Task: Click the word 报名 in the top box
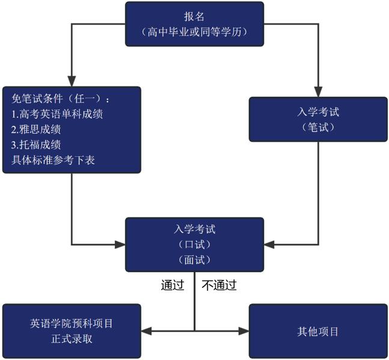click(194, 16)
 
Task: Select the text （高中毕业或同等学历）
click(194, 32)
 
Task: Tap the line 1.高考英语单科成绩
click(57, 114)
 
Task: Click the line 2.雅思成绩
click(36, 129)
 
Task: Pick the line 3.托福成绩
click(36, 145)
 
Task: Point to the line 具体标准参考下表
click(53, 160)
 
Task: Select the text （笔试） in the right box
click(318, 127)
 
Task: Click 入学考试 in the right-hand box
click(318, 112)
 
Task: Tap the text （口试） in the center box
click(194, 244)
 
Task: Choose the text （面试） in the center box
click(194, 260)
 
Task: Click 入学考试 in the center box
click(194, 229)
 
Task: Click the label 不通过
click(219, 285)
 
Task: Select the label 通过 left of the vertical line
click(172, 285)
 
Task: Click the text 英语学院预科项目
click(72, 323)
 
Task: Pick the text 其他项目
click(318, 331)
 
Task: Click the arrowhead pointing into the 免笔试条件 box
click(72, 81)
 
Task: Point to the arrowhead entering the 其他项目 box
click(243, 331)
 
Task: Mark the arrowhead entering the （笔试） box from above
click(318, 91)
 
